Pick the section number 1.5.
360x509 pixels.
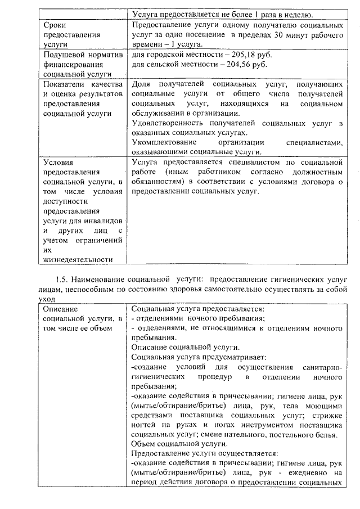click(x=62, y=279)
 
